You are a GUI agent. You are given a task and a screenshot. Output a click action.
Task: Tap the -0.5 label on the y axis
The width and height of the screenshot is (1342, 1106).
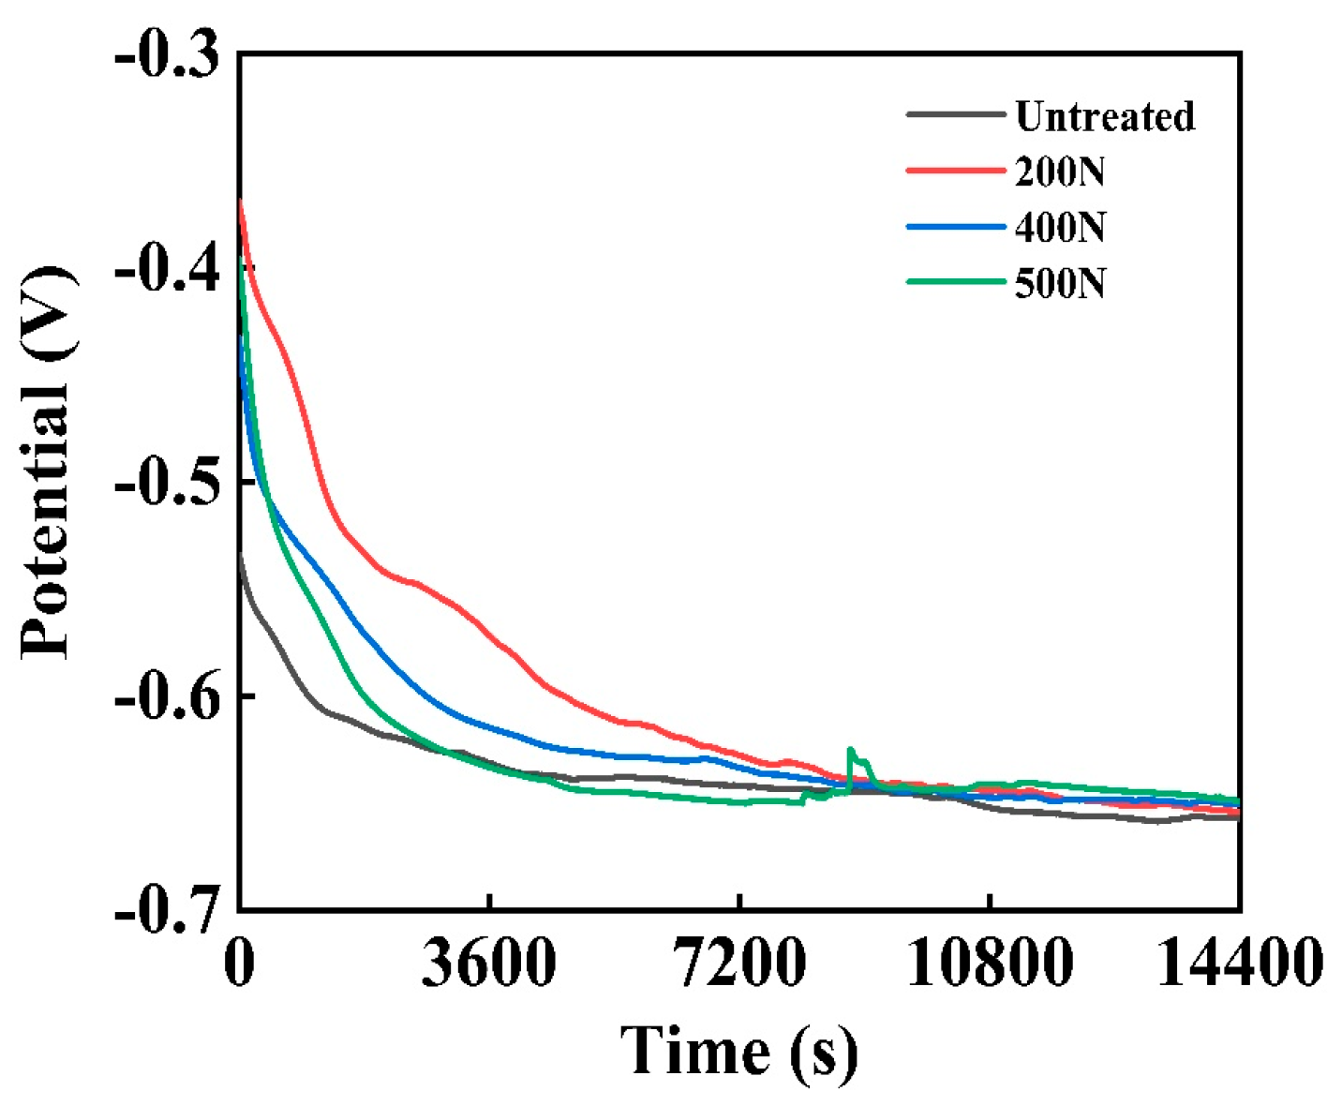pyautogui.click(x=167, y=484)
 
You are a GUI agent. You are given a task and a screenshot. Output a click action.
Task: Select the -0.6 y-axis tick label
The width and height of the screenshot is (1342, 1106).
pyautogui.click(x=167, y=697)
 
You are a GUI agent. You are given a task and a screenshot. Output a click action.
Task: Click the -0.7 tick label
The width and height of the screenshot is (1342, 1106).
pyautogui.click(x=167, y=909)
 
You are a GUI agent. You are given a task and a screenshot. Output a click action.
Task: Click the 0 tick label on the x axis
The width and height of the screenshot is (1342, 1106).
pyautogui.click(x=240, y=964)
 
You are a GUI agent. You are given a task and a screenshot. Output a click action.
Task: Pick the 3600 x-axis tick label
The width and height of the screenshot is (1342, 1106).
pyautogui.click(x=489, y=964)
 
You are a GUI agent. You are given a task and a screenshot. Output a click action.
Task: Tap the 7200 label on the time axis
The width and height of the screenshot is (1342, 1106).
pyautogui.click(x=740, y=964)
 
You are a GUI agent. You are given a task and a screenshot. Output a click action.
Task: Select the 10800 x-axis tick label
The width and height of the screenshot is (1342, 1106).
pyautogui.click(x=990, y=964)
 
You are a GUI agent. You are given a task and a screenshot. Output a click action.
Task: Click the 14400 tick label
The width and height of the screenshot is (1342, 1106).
pyautogui.click(x=1240, y=964)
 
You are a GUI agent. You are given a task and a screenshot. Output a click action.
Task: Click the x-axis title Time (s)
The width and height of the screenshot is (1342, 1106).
pyautogui.click(x=738, y=1050)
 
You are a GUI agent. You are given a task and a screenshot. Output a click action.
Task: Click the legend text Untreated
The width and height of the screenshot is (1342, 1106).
pyautogui.click(x=1105, y=116)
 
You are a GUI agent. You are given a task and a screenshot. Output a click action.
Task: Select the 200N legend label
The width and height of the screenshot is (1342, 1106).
pyautogui.click(x=1060, y=172)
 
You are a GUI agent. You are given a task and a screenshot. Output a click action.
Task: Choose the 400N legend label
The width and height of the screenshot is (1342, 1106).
pyautogui.click(x=1060, y=227)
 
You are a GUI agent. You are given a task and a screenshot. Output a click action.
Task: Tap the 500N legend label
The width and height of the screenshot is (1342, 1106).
pyautogui.click(x=1060, y=282)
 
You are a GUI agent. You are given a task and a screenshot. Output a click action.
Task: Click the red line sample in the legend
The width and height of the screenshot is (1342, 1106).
pyautogui.click(x=955, y=171)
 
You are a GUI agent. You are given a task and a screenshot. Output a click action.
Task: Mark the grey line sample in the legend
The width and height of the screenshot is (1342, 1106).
pyautogui.click(x=955, y=114)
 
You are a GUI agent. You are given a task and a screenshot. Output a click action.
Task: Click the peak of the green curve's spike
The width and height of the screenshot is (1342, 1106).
pyautogui.click(x=851, y=749)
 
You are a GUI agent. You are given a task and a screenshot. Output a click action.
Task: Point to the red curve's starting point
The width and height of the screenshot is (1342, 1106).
pyautogui.click(x=241, y=200)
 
